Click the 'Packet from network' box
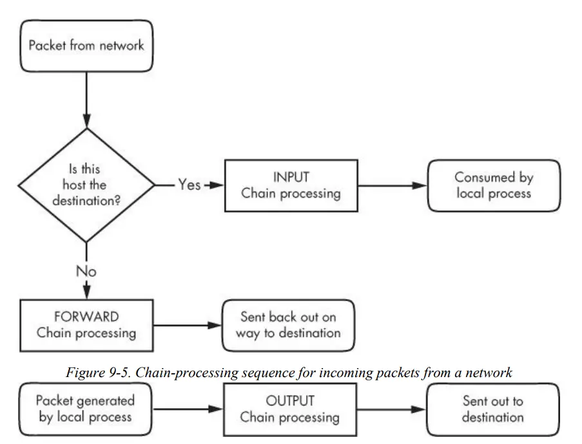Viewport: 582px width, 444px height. click(x=86, y=46)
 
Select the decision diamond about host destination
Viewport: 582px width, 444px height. click(x=86, y=185)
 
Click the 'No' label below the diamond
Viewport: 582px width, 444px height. click(x=86, y=271)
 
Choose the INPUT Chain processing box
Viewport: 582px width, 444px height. click(x=291, y=185)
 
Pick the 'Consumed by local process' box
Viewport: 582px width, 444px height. click(x=494, y=185)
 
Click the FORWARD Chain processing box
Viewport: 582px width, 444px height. click(x=86, y=325)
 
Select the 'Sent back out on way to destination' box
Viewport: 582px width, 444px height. click(x=288, y=325)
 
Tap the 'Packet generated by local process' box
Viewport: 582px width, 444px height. click(x=86, y=409)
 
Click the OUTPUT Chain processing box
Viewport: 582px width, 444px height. click(x=290, y=409)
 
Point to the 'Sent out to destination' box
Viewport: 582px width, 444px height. click(x=493, y=409)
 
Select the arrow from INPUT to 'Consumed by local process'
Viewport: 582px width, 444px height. click(x=392, y=185)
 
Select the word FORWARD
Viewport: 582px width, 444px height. click(x=86, y=317)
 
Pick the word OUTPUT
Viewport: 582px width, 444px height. click(x=290, y=401)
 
